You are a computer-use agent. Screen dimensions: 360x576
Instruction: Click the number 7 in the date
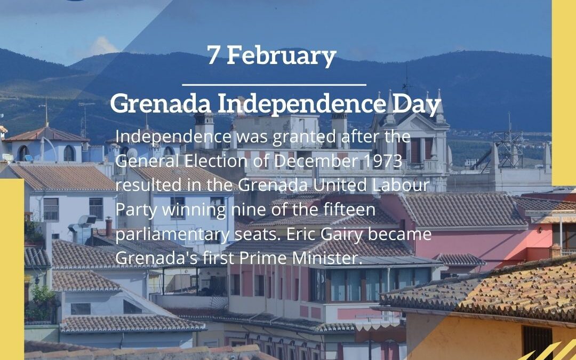coord(213,56)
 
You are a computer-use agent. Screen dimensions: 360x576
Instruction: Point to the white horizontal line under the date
coord(274,84)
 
